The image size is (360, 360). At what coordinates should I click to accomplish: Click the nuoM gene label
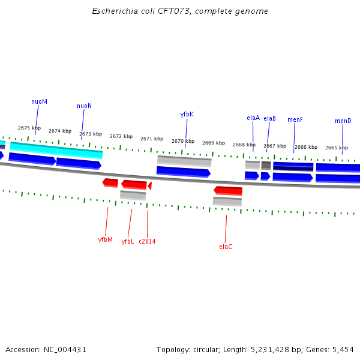pyautogui.click(x=39, y=101)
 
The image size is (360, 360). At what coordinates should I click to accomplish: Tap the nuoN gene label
pyautogui.click(x=84, y=106)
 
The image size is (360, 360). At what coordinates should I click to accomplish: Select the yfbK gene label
pyautogui.click(x=187, y=114)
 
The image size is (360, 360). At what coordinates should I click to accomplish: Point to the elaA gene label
pyautogui.click(x=253, y=118)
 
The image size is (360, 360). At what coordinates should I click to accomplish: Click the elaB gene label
pyautogui.click(x=269, y=118)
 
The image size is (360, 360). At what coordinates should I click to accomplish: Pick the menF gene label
pyautogui.click(x=295, y=119)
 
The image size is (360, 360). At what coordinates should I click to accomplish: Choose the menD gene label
pyautogui.click(x=343, y=121)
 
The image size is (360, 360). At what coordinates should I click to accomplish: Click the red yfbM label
pyautogui.click(x=106, y=239)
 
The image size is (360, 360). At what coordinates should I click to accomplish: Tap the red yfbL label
pyautogui.click(x=128, y=241)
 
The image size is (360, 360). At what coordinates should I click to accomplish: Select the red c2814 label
pyautogui.click(x=147, y=241)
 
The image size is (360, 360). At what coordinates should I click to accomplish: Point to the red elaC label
pyautogui.click(x=226, y=247)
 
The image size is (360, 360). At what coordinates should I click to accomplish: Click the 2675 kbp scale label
pyautogui.click(x=29, y=128)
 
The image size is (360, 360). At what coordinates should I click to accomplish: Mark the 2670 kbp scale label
pyautogui.click(x=182, y=141)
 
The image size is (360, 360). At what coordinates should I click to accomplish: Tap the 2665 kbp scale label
pyautogui.click(x=336, y=148)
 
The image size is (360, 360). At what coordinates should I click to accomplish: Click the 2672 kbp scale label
pyautogui.click(x=121, y=136)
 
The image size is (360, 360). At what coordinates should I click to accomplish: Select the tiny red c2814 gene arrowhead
pyautogui.click(x=149, y=186)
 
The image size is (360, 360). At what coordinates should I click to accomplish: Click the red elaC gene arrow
pyautogui.click(x=228, y=191)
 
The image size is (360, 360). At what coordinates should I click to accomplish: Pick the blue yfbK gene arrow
pyautogui.click(x=183, y=172)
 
